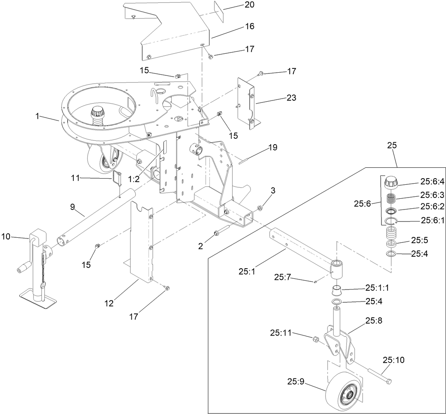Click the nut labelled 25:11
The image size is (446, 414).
(315, 339)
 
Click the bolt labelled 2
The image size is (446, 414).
(221, 232)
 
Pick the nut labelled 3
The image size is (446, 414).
(260, 208)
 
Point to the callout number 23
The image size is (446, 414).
(291, 98)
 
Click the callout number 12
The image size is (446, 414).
(109, 303)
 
